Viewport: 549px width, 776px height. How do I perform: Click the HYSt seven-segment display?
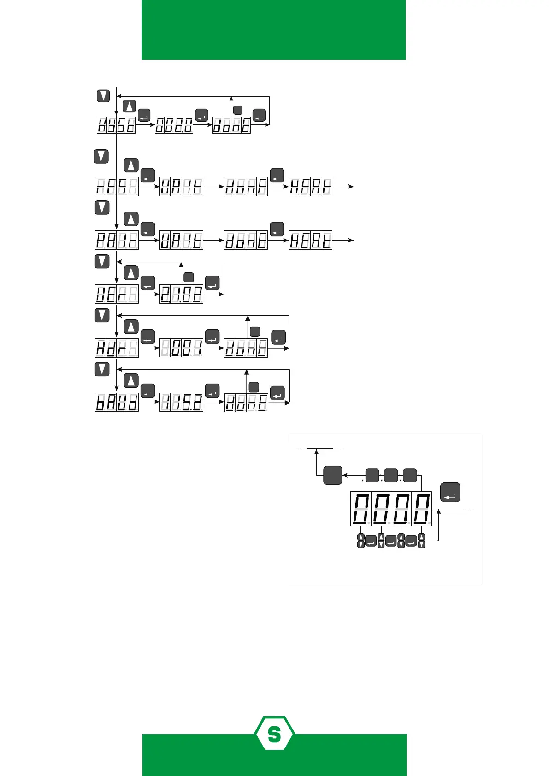point(116,125)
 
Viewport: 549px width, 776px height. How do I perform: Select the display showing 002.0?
point(174,125)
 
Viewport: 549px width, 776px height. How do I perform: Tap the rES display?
point(117,187)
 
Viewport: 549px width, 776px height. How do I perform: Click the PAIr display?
point(117,240)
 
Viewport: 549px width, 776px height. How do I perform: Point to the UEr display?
point(117,294)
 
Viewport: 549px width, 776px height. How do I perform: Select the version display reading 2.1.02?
point(181,294)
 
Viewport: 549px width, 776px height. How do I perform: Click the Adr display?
point(117,348)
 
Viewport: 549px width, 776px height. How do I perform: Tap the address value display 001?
point(181,348)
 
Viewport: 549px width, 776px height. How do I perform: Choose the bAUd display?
point(117,402)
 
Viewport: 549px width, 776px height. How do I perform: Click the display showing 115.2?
point(181,402)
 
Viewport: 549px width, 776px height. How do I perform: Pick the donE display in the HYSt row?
point(231,125)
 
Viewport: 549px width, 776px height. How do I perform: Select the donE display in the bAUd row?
point(246,402)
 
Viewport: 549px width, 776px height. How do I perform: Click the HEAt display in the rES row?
point(310,187)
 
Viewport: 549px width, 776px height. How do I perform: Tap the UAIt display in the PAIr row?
point(181,240)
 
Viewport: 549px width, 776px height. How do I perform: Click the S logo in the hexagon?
point(274,734)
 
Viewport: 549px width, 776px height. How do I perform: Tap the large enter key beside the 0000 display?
point(450,492)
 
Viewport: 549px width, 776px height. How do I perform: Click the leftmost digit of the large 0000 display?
point(361,509)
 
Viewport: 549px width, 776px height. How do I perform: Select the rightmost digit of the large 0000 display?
point(421,509)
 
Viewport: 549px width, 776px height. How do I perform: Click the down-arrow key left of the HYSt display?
point(103,96)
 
